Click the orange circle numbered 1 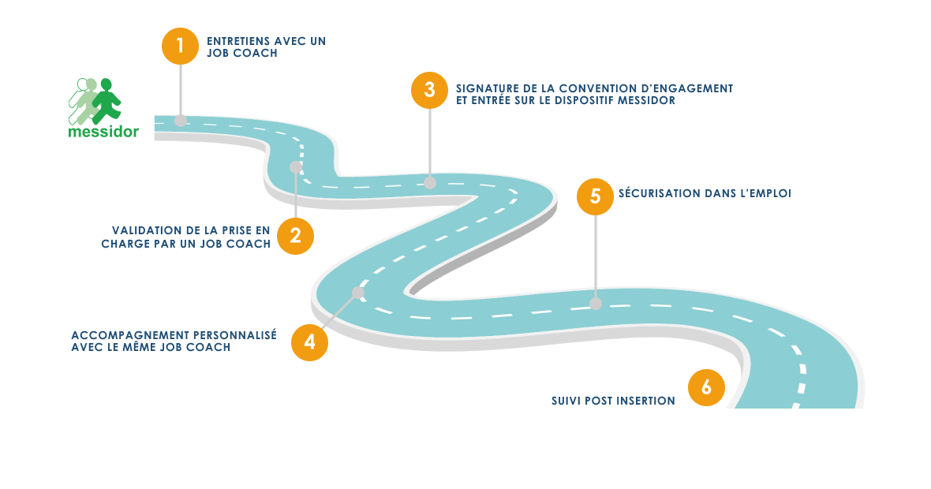point(180,45)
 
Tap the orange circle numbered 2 point(295,236)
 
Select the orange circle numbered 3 point(429,89)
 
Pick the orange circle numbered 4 point(309,342)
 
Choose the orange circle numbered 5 point(595,196)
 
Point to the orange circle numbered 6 point(706,387)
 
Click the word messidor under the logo point(103,132)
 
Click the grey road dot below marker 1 point(181,121)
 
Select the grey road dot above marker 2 point(296,167)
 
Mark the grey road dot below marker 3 point(430,183)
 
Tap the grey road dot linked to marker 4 point(357,293)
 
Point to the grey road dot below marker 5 point(596,303)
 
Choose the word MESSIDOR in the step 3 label point(649,101)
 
